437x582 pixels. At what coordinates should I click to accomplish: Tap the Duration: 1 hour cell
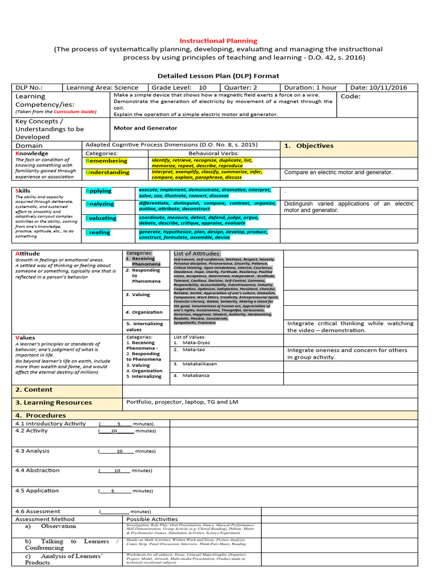pos(310,88)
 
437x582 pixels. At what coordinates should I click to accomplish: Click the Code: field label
pos(351,96)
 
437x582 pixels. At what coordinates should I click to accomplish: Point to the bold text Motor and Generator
pos(145,128)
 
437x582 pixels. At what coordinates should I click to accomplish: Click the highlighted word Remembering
pos(106,161)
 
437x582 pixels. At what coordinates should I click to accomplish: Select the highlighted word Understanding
pos(108,172)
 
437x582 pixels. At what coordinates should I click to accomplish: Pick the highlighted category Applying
pos(98,191)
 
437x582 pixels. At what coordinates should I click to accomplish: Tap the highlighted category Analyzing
pos(100,203)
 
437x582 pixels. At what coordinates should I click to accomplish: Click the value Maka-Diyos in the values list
pos(195,342)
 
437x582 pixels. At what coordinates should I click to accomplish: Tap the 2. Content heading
pos(34,390)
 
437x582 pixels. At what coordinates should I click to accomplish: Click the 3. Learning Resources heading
pos(53,402)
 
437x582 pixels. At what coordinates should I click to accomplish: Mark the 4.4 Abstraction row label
pos(37,470)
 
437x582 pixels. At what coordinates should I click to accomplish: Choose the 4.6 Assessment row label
pos(38,511)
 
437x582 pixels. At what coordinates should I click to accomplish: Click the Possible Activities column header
pos(152,519)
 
